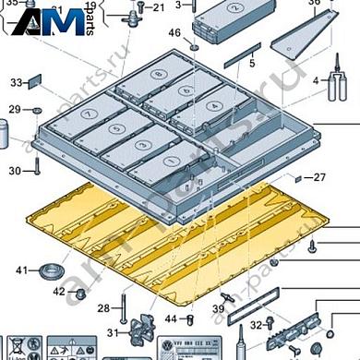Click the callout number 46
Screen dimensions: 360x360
coord(174,33)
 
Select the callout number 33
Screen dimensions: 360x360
coord(16,83)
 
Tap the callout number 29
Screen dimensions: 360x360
coord(14,110)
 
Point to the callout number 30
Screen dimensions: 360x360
coord(14,171)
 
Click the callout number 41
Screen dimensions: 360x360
coord(21,270)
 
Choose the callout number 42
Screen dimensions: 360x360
coord(58,292)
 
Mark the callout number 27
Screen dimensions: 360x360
coord(319,176)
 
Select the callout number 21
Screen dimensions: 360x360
coord(158,8)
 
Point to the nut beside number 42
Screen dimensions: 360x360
coord(79,294)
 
